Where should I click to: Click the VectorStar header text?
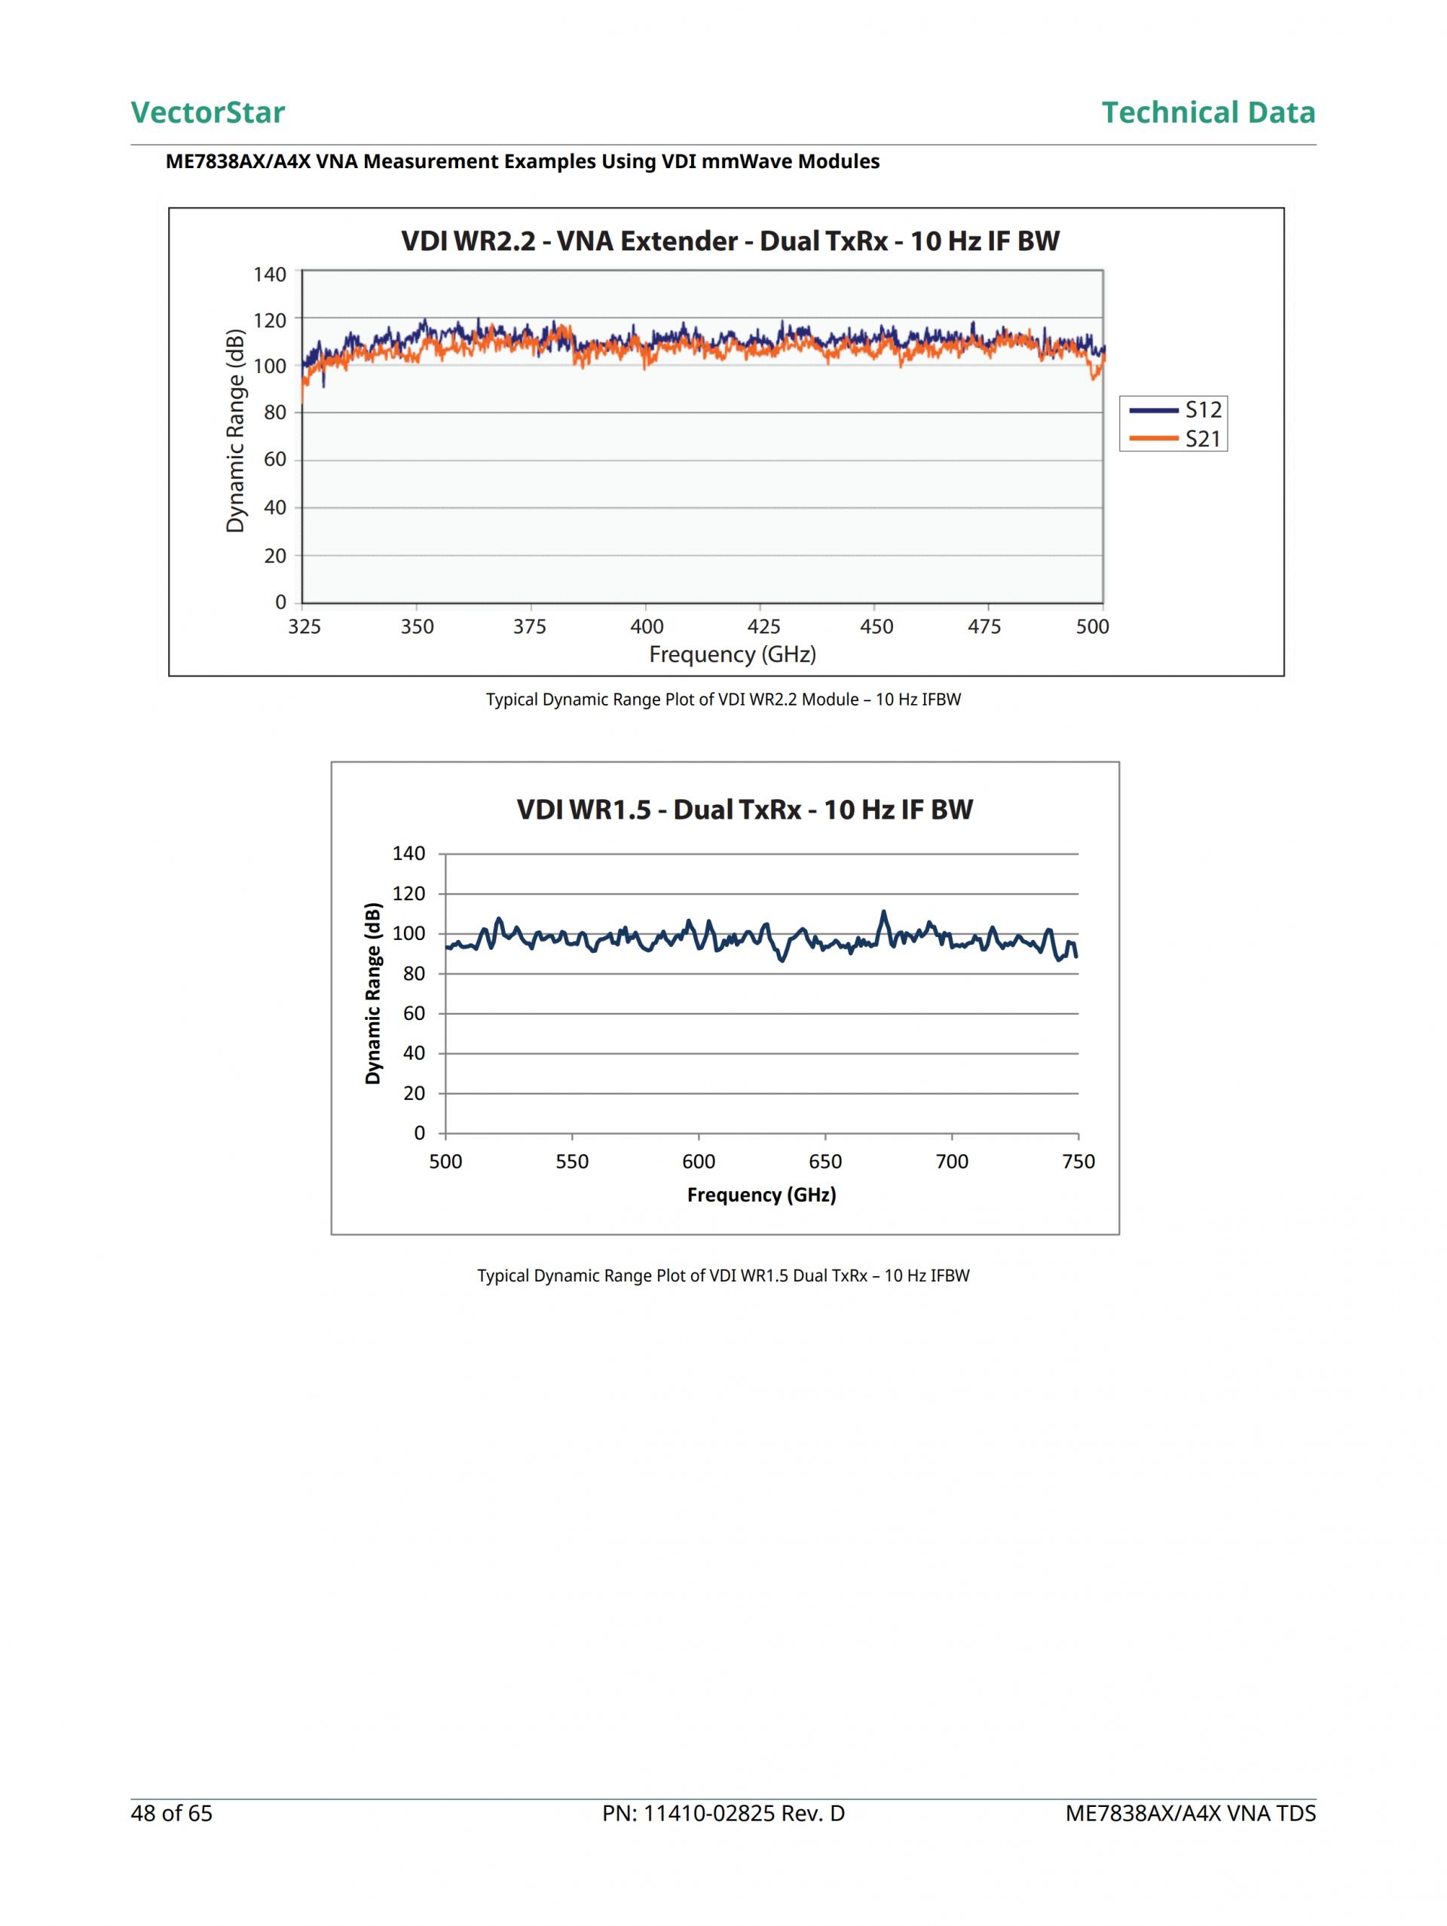pos(207,112)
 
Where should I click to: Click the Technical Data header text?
pos(1207,112)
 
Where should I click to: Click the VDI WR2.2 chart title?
pos(730,241)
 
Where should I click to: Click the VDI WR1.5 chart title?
pos(745,810)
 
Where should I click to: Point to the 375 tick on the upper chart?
pos(529,627)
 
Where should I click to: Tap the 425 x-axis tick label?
pos(763,627)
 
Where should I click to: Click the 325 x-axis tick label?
pos(304,627)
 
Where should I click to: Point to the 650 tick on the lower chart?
pos(825,1162)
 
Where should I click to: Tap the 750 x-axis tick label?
pos(1078,1162)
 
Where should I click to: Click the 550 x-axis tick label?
pos(572,1162)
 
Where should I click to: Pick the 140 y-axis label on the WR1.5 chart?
pos(408,853)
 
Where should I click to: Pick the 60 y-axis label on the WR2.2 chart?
pos(275,460)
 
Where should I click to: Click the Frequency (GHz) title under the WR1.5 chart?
pos(761,1195)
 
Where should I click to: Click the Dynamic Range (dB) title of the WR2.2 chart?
pos(235,430)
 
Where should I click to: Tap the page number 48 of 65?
pos(172,1813)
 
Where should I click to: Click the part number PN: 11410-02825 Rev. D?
pos(723,1813)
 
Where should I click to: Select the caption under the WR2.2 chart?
pos(723,700)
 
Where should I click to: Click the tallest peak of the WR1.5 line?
pos(884,913)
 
